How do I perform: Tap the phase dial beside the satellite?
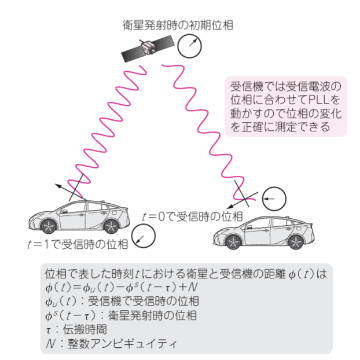coord(191,45)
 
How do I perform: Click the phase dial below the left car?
coord(144,236)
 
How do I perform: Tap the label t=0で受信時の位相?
coord(192,216)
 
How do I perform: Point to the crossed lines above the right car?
coord(244,194)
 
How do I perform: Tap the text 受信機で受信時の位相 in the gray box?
coord(144,301)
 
